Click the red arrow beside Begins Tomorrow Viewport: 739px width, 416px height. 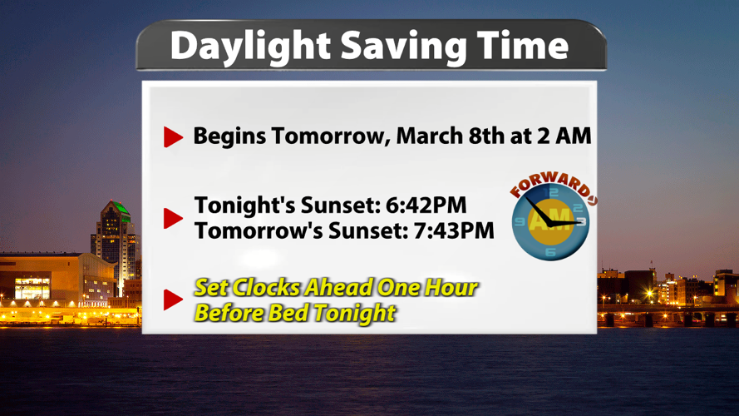[173, 137]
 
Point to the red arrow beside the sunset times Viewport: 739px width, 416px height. [173, 218]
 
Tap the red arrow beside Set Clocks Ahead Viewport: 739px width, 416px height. [173, 300]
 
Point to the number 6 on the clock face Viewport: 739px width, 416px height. [550, 250]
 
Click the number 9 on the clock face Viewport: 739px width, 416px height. [520, 222]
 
